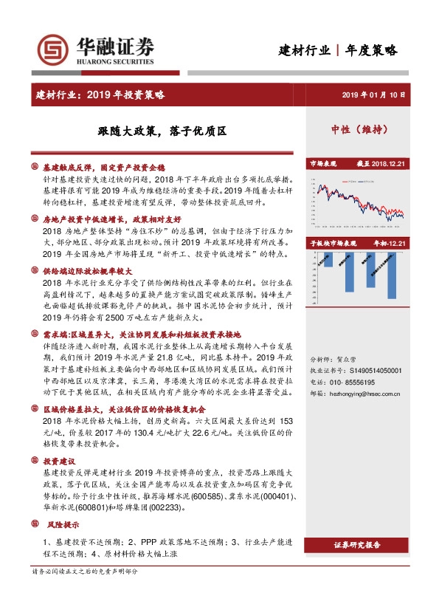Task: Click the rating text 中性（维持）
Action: click(359, 130)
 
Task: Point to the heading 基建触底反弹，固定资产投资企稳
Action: click(103, 168)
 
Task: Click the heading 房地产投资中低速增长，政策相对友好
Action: click(111, 219)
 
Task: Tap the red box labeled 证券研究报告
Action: click(357, 546)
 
